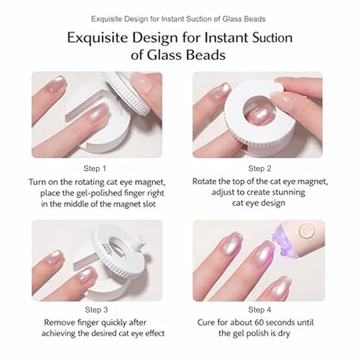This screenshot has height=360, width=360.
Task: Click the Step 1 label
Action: click(x=95, y=168)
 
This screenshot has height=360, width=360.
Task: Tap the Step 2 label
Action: click(x=260, y=168)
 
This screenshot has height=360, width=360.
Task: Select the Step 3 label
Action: click(x=96, y=310)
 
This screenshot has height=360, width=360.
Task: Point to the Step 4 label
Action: click(x=260, y=310)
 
